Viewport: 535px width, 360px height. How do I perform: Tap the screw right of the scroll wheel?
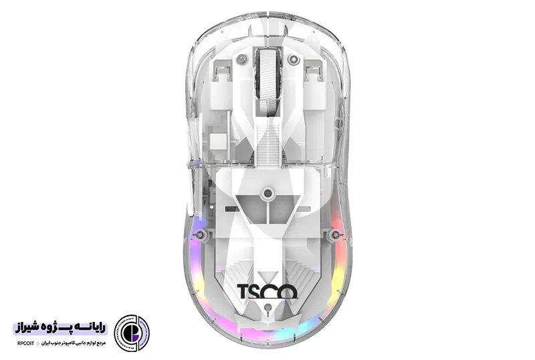click(293, 60)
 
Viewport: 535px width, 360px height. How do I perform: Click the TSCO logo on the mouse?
click(267, 292)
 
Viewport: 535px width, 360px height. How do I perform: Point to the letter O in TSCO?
click(289, 292)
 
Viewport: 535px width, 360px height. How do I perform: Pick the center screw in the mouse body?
click(267, 194)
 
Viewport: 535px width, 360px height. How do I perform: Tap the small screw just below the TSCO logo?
click(267, 309)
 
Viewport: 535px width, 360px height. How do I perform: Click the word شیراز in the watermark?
click(29, 329)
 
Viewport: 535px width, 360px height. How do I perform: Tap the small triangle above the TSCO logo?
click(267, 275)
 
